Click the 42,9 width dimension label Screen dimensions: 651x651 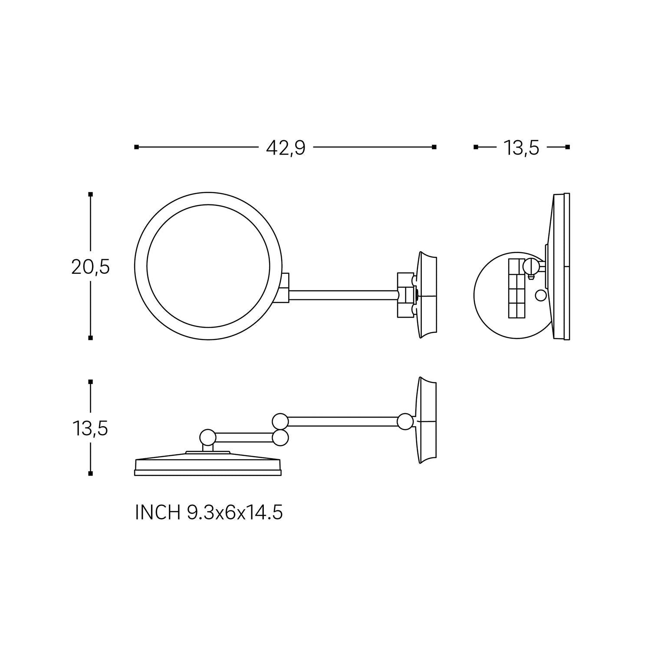[286, 148]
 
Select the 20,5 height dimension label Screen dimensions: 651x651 [90, 267]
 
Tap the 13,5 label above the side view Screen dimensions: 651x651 [521, 148]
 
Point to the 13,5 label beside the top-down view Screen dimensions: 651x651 [90, 429]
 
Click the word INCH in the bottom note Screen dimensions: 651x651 [158, 513]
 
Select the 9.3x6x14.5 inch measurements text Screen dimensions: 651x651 [235, 513]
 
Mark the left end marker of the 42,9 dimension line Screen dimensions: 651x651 [136, 147]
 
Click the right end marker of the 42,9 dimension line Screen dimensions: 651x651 [434, 147]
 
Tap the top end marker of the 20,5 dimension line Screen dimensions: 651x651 [90, 194]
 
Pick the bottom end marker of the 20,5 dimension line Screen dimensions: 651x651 [90, 337]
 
